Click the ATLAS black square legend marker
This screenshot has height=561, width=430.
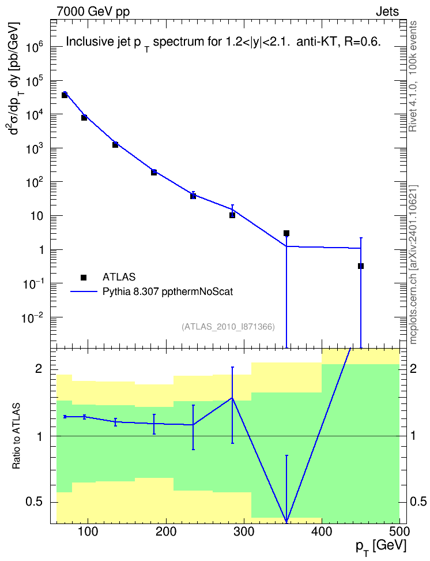pos(84,277)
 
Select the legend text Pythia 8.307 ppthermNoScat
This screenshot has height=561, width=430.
pos(168,291)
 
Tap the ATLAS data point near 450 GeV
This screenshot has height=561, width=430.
pos(361,266)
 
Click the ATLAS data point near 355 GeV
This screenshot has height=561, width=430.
pos(286,233)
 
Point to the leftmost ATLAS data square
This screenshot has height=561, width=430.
pos(65,95)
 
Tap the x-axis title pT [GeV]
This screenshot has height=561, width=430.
pos(381,547)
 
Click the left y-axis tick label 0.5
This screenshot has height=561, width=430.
pos(34,502)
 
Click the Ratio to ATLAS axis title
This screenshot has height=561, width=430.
pos(16,436)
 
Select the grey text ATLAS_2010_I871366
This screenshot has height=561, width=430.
pos(228,327)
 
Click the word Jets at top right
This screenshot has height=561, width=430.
pos(387,12)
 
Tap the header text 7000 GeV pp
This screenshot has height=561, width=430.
pos(93,12)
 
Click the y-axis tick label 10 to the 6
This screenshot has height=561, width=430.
pos(34,47)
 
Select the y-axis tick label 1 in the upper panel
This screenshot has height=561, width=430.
pos(42,250)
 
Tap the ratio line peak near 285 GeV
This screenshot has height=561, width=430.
pos(232,398)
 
